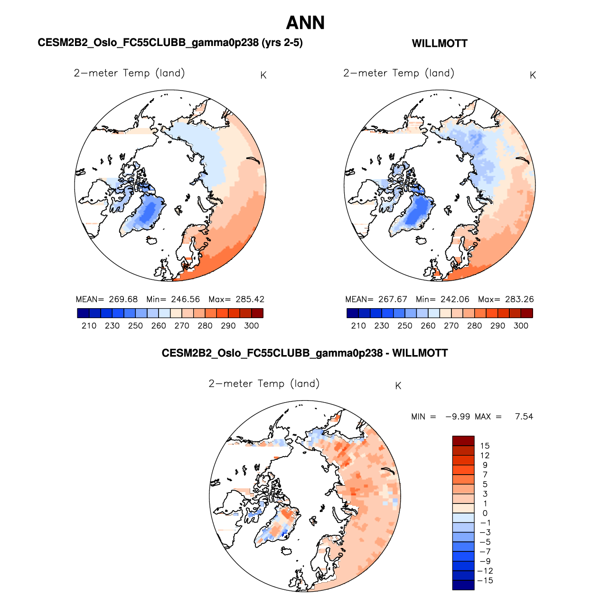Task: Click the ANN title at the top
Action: (305, 23)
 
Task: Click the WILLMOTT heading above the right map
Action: (440, 44)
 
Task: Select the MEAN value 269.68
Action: (123, 299)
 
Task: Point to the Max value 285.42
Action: (250, 299)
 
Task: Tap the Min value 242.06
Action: (455, 299)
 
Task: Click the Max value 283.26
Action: (519, 299)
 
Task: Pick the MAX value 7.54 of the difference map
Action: (524, 417)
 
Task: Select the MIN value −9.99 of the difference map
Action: (458, 417)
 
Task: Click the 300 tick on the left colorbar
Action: (252, 326)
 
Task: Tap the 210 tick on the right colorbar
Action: (358, 326)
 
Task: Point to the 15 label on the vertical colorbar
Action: (485, 446)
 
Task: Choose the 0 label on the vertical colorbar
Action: (485, 513)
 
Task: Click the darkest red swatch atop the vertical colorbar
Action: (463, 440)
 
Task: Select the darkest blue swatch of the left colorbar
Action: (83, 313)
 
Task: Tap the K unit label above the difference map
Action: (398, 386)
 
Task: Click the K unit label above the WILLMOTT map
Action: (533, 75)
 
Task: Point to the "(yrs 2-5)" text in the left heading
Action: (282, 43)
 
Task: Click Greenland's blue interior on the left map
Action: (148, 212)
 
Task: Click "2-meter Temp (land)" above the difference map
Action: (264, 384)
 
